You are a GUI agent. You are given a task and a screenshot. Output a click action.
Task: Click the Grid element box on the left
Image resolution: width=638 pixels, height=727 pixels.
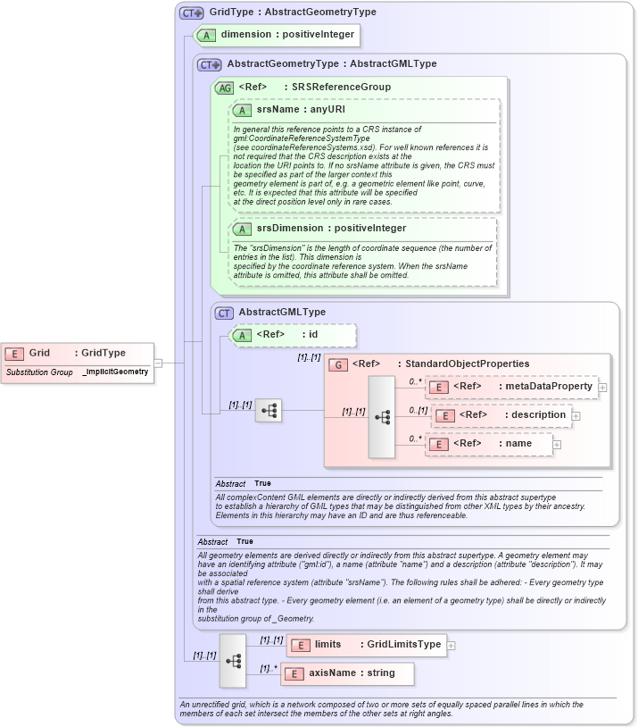pos(77,354)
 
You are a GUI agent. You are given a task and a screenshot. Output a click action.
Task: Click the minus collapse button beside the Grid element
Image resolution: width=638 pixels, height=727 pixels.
pos(158,363)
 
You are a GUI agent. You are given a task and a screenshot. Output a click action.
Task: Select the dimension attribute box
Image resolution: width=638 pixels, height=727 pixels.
pos(277,36)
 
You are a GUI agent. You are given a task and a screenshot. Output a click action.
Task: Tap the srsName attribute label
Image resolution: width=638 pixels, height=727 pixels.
pos(288,109)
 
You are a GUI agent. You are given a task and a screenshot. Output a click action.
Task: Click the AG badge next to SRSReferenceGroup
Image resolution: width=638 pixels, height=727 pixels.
pos(225,88)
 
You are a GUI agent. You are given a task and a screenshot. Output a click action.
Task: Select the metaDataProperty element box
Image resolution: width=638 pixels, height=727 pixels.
pos(512,387)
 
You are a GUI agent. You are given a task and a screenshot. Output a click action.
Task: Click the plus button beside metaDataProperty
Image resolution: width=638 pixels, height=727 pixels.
pos(603,388)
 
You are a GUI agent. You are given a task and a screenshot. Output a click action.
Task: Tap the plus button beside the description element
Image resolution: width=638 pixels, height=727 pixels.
pos(576,416)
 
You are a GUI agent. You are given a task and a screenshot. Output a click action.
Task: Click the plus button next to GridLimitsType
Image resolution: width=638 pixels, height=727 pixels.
pos(451,645)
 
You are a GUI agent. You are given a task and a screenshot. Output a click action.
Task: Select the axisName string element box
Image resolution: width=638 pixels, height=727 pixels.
pos(348,674)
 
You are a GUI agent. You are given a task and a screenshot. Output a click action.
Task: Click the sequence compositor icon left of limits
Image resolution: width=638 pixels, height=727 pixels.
pos(233,661)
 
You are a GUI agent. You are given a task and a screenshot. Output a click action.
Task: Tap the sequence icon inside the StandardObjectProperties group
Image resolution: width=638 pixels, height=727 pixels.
pos(381,417)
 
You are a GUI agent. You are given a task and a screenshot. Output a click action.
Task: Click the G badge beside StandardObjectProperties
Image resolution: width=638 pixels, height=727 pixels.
pos(338,364)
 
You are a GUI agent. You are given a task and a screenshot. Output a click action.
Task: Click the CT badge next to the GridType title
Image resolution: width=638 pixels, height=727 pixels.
pos(192,13)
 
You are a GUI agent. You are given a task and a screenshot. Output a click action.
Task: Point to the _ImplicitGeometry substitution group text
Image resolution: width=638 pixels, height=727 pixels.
pos(115,372)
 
